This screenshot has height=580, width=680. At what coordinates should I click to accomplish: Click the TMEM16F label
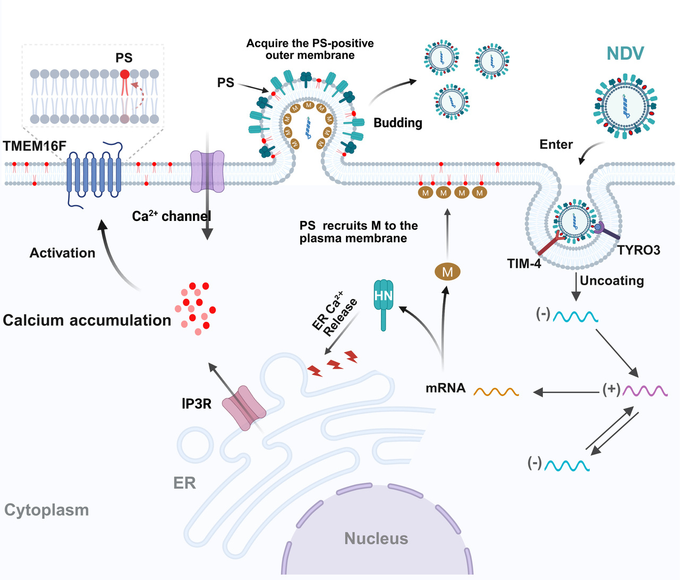[35, 146]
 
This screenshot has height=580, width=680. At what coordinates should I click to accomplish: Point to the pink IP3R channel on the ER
[244, 408]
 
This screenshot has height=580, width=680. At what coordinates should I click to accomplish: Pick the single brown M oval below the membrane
[447, 272]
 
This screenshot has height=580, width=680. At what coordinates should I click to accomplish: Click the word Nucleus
[376, 539]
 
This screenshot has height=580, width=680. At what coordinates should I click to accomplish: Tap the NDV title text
[625, 54]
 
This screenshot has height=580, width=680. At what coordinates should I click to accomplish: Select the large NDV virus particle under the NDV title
[625, 107]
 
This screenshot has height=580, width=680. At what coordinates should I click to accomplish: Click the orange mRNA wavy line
[496, 392]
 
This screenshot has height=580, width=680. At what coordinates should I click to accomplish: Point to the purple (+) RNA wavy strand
[645, 391]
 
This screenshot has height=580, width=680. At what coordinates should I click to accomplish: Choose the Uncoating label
[612, 280]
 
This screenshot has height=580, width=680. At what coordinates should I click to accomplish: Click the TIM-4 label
[524, 263]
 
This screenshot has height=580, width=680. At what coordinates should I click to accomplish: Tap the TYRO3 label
[639, 250]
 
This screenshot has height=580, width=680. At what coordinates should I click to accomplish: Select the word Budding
[398, 123]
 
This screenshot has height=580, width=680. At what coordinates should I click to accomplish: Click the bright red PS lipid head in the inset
[124, 74]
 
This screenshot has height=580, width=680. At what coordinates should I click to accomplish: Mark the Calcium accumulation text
[87, 320]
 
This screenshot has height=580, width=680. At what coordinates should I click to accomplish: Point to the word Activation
[63, 253]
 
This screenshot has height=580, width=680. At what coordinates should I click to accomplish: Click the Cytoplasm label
[47, 510]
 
